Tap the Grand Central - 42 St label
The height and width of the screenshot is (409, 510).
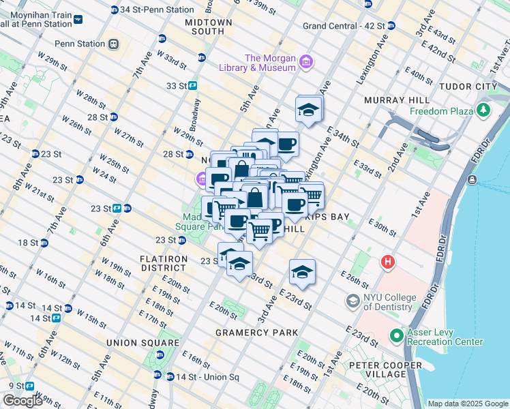point(344,26)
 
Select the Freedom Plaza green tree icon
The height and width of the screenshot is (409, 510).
point(484,109)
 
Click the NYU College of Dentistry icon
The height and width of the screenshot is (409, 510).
point(353,301)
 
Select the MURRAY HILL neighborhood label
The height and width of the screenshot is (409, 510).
point(386,100)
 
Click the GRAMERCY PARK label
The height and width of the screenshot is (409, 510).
point(256,333)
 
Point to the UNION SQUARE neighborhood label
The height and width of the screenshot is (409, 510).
point(134,342)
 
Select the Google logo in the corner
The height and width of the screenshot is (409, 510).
point(22,401)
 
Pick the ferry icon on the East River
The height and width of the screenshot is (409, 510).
point(472,180)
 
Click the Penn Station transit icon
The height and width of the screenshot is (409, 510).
point(113,44)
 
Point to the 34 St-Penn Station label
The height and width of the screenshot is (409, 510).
point(156,10)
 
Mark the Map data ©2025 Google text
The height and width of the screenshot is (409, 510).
point(467,404)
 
